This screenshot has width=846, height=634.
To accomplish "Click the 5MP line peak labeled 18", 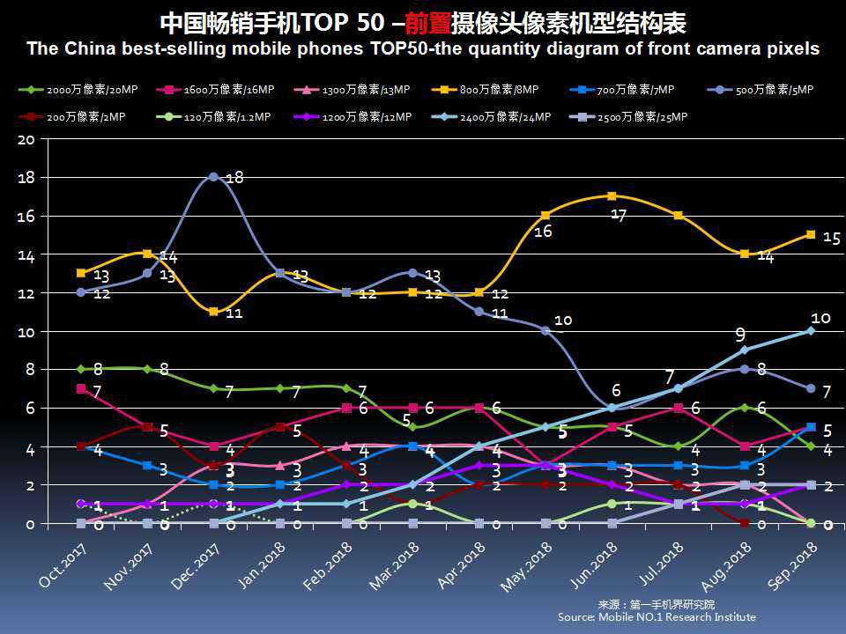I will coord(213,177).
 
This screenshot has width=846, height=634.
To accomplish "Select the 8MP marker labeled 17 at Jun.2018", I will coord(612,196).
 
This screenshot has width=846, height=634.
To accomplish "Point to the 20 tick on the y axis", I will coord(26,139).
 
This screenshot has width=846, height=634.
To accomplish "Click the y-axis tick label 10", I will coord(26,331).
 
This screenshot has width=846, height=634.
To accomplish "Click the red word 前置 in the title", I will coord(421,23).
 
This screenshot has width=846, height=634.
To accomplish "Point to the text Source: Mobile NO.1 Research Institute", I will coord(657,617).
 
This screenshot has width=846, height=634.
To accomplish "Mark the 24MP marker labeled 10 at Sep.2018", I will coord(811,331).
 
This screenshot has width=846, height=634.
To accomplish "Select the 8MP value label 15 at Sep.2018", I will coord(830,238).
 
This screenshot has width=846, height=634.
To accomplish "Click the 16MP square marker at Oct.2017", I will coord(81,388).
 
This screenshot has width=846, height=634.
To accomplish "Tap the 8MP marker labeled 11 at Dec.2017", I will coord(213,312).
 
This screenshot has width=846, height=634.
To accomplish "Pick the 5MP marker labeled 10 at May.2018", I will coord(545,331).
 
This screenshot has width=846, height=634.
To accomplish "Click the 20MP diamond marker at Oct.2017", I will coord(81,370).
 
